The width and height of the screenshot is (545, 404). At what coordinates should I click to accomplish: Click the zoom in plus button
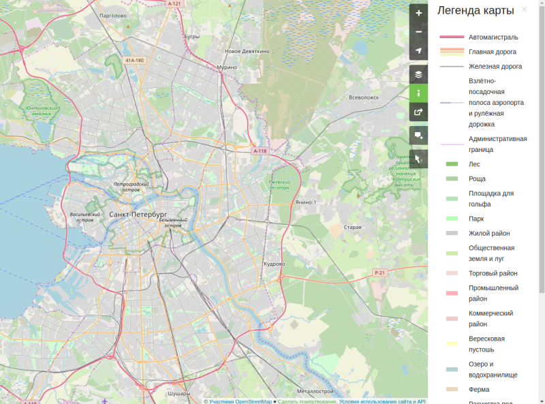coord(418,13)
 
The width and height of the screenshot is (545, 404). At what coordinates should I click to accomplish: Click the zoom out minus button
coord(418,32)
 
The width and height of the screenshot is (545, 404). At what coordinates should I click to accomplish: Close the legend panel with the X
coord(524,10)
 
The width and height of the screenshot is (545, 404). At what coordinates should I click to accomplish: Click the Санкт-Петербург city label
coord(138,215)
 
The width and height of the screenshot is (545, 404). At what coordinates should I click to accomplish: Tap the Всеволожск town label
coord(363,97)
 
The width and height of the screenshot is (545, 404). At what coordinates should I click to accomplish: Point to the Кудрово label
coord(274,264)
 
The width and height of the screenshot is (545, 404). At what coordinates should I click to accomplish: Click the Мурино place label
coord(227,67)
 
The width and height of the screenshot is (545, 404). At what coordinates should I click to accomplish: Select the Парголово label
coord(114,15)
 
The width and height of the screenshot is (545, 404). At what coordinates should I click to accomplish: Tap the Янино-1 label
coord(305,202)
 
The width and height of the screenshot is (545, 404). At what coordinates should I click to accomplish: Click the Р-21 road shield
coord(379,273)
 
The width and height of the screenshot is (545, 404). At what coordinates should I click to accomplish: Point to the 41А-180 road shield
coord(134,60)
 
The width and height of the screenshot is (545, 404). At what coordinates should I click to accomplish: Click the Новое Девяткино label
coord(247,51)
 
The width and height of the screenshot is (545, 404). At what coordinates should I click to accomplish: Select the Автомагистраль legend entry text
coord(493,37)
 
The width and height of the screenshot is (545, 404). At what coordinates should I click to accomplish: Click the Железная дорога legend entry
coord(495,67)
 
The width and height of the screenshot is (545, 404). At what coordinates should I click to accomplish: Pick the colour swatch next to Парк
coord(452,219)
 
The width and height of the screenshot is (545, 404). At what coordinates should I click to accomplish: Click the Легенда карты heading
coord(476,10)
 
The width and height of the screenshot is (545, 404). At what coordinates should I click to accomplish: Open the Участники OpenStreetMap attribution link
coord(240,401)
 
